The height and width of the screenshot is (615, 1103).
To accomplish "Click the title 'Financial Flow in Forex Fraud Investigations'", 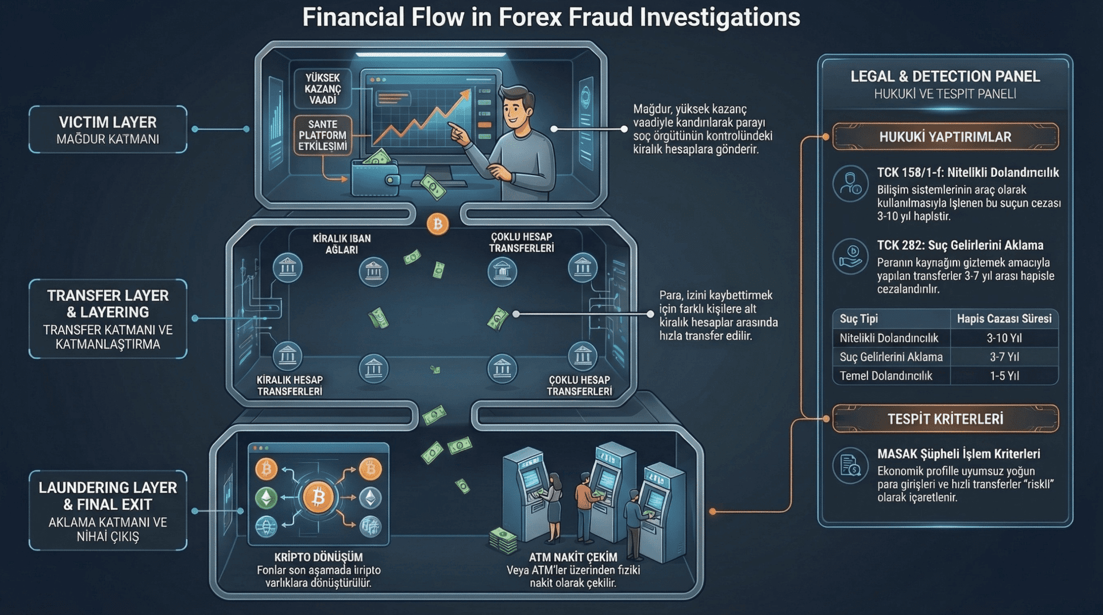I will pos(551,17).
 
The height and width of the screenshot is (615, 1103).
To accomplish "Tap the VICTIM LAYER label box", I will pos(108,129).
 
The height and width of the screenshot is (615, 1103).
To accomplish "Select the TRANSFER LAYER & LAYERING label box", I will pos(108,319).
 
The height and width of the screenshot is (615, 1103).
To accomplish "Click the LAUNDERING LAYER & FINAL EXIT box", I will pos(108,510).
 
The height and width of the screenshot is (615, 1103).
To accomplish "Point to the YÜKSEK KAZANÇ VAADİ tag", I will pos(322,88).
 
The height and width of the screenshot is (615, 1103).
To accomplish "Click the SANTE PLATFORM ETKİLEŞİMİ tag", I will pos(322,135).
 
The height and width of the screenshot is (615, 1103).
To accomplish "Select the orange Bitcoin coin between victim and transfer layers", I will pos(438,224).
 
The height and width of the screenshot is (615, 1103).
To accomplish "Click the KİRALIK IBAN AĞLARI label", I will pos(341,243).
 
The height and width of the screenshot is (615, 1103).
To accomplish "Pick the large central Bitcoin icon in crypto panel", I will pos(318,497).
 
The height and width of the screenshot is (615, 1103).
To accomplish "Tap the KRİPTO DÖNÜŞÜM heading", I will pos(318,557).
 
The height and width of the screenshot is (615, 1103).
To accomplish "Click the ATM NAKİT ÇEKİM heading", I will pos(573,557).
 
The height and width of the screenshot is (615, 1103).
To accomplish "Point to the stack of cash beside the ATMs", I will pos(503,540).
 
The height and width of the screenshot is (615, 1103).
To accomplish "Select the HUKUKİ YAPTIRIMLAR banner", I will pos(945,137).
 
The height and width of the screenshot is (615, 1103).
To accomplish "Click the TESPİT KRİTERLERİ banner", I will pos(945,419).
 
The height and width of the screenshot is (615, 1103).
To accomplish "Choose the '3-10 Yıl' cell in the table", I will pos(1004,338).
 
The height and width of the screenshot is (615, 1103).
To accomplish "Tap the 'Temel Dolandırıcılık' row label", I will pos(886,376).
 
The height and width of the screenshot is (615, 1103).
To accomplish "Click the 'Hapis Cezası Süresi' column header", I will pos(1004,319).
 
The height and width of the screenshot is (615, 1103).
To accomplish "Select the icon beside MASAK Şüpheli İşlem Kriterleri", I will pos(850,465).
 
